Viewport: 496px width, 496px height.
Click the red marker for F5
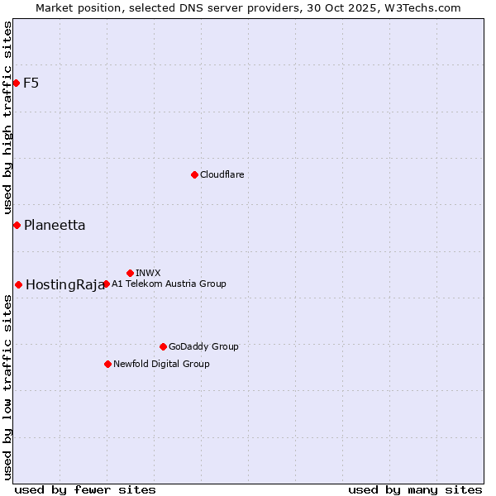click(x=17, y=83)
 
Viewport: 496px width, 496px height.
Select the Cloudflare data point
click(x=194, y=174)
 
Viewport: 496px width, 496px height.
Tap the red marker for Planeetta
click(x=17, y=225)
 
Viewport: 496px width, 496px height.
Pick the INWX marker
click(x=130, y=273)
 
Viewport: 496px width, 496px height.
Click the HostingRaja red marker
click(x=18, y=284)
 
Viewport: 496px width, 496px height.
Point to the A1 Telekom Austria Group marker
click(x=106, y=284)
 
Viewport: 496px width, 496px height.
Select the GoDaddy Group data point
click(x=163, y=346)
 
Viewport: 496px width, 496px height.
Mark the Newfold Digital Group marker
click(x=107, y=364)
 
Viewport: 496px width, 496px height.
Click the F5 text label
click(x=31, y=83)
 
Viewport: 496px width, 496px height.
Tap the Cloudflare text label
click(x=222, y=174)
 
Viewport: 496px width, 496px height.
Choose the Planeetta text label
click(x=55, y=225)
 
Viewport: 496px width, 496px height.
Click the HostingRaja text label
click(x=64, y=285)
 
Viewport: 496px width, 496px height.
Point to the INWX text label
click(x=148, y=273)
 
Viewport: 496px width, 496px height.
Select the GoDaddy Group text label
click(x=203, y=346)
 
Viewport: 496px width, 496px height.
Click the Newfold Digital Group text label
click(x=161, y=364)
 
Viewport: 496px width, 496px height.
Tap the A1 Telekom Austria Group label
click(x=169, y=284)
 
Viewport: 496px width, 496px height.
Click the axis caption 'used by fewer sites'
click(x=85, y=489)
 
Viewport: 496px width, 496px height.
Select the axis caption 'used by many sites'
click(x=415, y=489)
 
